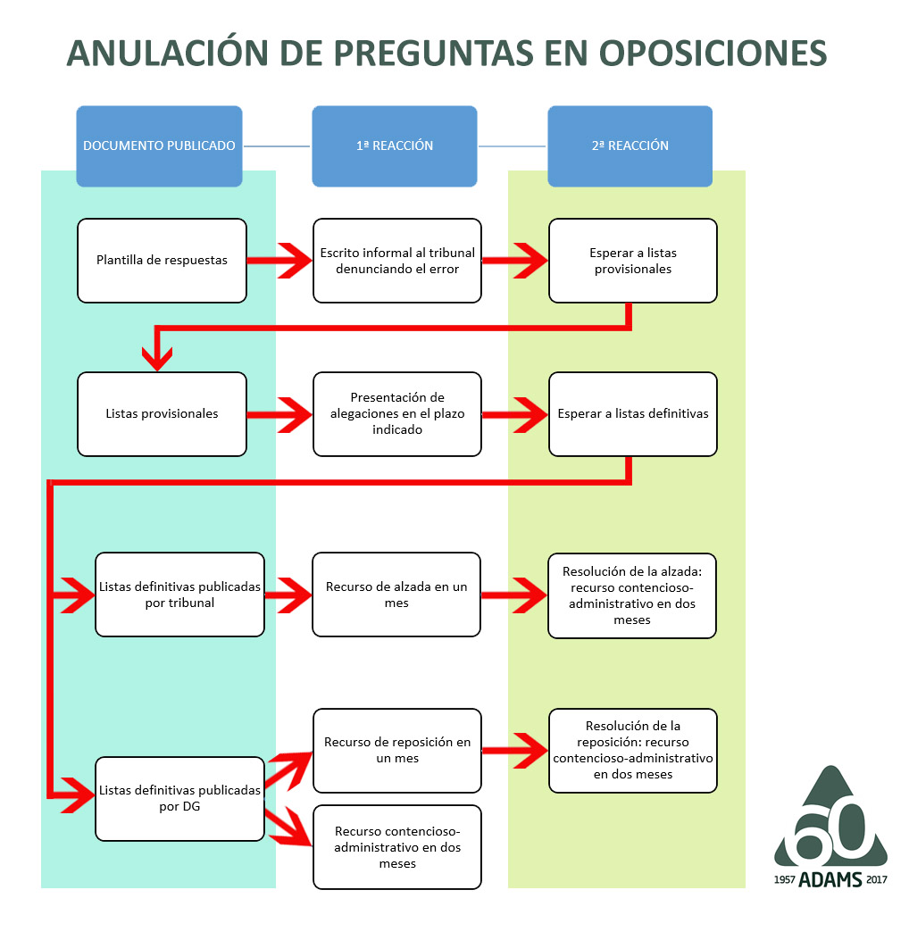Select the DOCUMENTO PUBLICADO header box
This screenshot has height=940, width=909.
tap(159, 146)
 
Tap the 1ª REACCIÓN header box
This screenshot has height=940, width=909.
tap(395, 146)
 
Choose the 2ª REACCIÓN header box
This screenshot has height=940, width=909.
tap(630, 146)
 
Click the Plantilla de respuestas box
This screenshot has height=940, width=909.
tap(162, 261)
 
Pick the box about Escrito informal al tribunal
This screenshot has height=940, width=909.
tap(397, 261)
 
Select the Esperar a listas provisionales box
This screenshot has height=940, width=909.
tap(633, 261)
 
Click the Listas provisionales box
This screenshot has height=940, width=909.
tap(162, 414)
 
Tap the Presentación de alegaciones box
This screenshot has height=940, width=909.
tap(397, 414)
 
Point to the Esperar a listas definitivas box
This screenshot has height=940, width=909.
tap(633, 414)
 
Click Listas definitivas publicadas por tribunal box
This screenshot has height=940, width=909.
tap(179, 595)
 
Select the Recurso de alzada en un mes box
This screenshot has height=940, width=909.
tap(396, 595)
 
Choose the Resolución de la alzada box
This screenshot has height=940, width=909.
tap(632, 595)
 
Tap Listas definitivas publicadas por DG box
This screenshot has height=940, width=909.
tap(179, 798)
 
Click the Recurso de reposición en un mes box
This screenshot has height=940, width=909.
tap(397, 750)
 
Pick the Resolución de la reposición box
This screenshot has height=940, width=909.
tap(633, 750)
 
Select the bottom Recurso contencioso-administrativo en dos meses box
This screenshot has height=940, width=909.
tap(397, 847)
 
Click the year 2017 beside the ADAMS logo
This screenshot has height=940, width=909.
tap(877, 880)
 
